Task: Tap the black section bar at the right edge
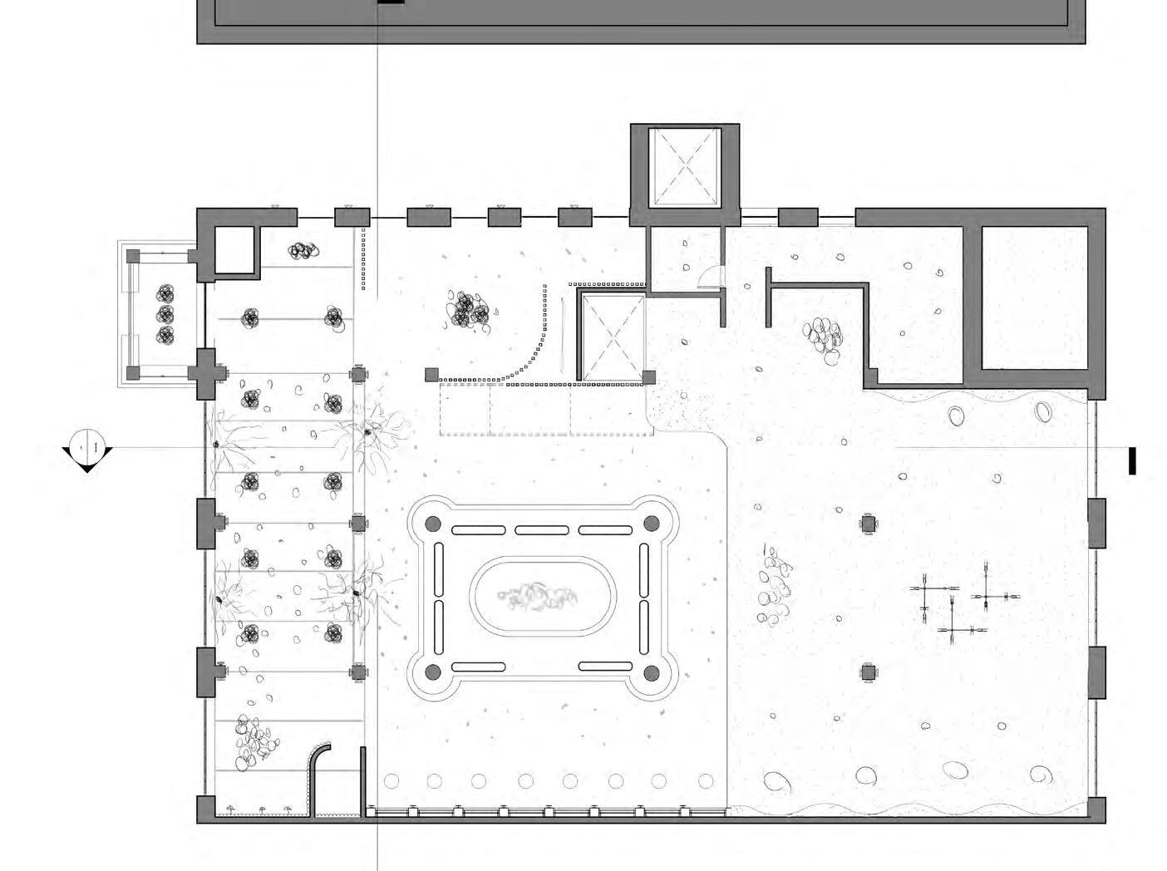(1131, 461)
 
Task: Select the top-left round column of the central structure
(432, 524)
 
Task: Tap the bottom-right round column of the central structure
(652, 672)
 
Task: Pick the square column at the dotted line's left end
(431, 375)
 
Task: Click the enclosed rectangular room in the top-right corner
(1035, 298)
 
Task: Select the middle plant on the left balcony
(165, 314)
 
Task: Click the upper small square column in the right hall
(869, 524)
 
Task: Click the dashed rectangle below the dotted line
(544, 409)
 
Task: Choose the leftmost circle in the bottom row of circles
(391, 781)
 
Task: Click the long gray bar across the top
(640, 21)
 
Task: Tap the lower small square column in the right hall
(869, 672)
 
